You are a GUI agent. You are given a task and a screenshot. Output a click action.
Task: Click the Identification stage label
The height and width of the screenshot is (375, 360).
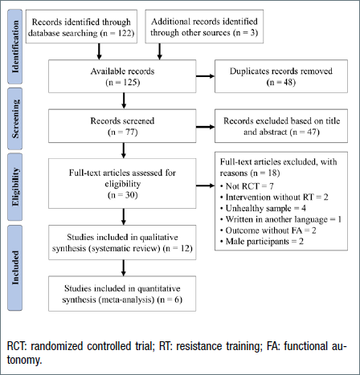[x=15, y=47]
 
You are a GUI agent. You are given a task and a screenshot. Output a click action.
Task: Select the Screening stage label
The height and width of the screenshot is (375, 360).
[x=15, y=119]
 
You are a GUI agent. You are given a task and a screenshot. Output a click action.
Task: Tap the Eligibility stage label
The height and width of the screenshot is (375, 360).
[x=15, y=187]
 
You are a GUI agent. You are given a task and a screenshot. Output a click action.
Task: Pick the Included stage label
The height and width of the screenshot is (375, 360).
[x=15, y=267]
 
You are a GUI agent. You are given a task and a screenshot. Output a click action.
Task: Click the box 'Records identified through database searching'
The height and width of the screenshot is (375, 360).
[x=81, y=26]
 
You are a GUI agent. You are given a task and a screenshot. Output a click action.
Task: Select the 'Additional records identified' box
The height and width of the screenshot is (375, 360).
[x=204, y=26]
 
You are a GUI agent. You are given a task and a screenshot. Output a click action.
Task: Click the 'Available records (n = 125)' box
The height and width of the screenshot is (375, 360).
[x=122, y=76]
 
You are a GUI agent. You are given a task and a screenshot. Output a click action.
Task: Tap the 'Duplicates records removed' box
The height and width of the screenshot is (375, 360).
[x=281, y=76]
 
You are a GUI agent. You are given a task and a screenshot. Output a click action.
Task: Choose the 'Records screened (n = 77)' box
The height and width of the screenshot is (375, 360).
[x=122, y=126]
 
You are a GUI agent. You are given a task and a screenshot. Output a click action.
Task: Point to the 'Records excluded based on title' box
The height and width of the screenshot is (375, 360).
[x=281, y=126]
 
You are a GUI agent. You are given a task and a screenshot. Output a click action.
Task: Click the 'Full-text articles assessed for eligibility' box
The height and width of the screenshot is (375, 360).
[x=122, y=183]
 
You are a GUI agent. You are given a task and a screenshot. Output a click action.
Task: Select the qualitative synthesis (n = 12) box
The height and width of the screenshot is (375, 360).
[x=122, y=243]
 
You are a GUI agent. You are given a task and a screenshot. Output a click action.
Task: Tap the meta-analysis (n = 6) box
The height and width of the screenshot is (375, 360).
[x=122, y=294]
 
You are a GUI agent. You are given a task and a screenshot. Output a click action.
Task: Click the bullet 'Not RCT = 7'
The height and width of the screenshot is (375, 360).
[x=247, y=186]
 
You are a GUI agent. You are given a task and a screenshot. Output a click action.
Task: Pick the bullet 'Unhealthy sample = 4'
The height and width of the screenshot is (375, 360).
[x=263, y=208]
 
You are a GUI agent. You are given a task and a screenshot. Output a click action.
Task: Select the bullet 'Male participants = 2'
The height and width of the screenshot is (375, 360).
[x=262, y=242]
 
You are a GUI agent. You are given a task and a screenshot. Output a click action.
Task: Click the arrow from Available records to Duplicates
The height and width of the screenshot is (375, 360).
[x=206, y=76]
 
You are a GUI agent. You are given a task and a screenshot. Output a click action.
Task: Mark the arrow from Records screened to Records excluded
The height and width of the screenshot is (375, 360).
[x=206, y=127]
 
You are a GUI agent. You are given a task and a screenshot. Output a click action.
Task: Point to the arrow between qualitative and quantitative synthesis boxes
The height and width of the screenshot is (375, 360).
[x=124, y=268]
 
